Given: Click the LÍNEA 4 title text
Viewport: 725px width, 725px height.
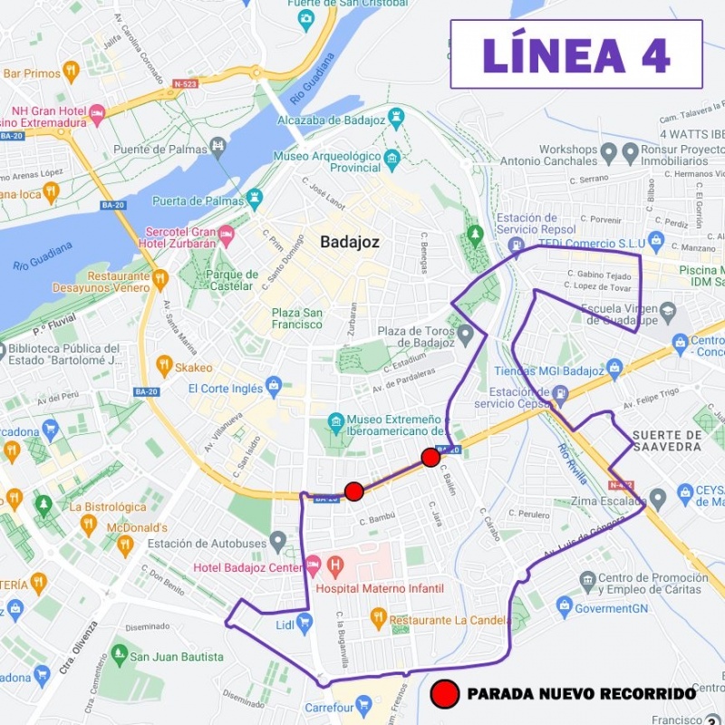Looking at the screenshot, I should (576, 54).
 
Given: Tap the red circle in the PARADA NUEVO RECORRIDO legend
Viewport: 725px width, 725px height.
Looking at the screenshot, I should (445, 694).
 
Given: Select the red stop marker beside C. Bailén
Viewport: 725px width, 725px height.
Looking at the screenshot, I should (430, 457).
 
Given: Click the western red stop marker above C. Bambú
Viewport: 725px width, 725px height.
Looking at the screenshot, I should (354, 491).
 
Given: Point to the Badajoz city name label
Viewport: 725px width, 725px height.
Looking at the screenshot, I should (349, 243).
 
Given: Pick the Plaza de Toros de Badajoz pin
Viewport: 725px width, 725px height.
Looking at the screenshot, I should (466, 336).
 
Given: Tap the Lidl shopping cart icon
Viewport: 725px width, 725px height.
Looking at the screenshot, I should (304, 623).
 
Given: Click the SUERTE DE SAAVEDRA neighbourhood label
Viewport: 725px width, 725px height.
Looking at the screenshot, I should (667, 440).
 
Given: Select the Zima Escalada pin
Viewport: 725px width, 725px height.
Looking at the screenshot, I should (659, 497).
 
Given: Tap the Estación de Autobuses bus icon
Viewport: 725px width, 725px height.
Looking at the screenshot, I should (278, 543).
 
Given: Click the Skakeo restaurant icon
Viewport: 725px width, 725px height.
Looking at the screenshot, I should (164, 367).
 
